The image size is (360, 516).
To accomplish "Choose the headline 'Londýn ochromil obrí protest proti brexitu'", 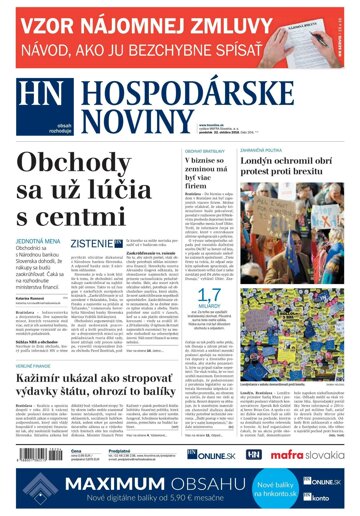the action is [304, 171].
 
